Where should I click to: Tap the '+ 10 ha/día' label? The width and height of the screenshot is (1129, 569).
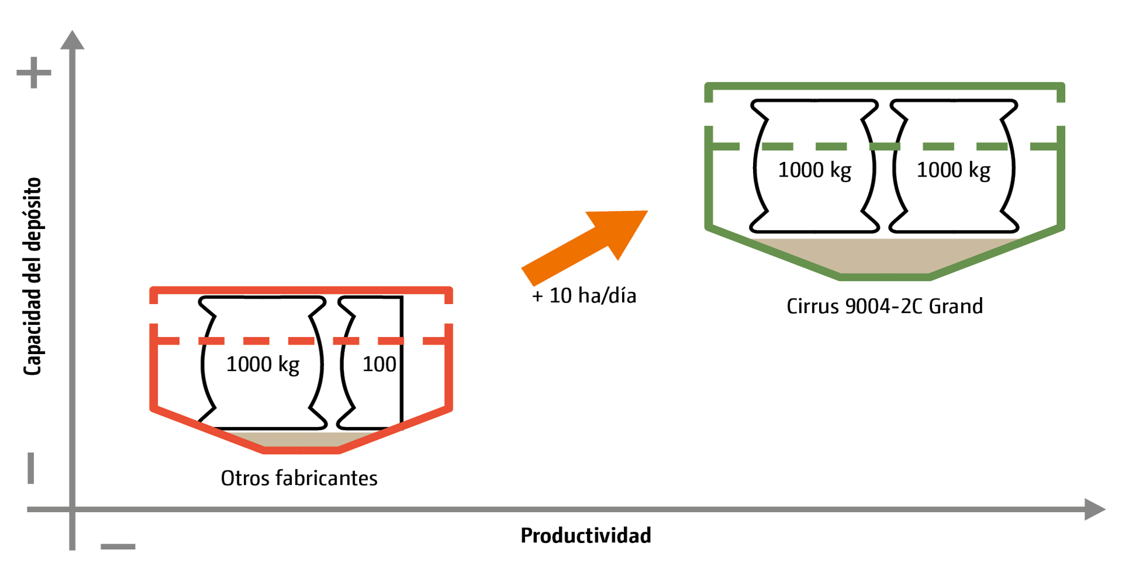click(584, 295)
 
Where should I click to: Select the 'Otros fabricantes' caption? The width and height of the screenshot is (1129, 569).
click(299, 478)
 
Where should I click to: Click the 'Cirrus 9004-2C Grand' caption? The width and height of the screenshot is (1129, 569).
click(884, 306)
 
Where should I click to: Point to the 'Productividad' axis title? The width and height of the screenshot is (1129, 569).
click(585, 535)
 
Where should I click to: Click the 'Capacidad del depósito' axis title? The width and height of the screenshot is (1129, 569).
click(33, 276)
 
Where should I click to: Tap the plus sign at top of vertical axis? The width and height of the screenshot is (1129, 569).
click(34, 72)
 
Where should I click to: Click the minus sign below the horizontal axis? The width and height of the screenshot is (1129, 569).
click(118, 546)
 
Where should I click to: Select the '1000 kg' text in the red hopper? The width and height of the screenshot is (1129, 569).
click(262, 364)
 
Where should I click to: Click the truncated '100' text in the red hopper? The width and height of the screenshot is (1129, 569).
click(379, 364)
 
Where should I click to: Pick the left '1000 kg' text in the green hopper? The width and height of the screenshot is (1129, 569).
click(814, 170)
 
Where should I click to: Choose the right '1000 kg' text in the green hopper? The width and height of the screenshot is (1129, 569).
click(953, 170)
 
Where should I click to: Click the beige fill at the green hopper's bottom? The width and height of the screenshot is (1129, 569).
click(884, 257)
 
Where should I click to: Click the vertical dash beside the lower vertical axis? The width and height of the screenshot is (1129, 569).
click(31, 467)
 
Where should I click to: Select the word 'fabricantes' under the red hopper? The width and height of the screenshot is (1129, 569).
click(334, 478)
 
